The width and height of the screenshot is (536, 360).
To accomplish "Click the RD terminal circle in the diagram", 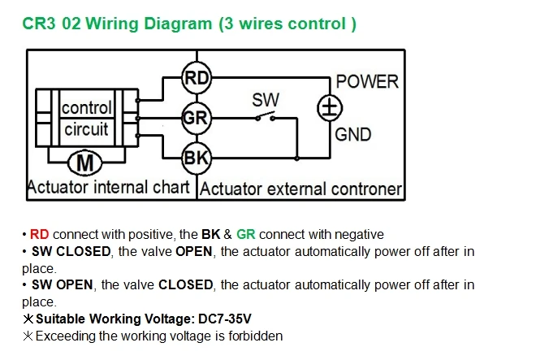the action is (197, 78).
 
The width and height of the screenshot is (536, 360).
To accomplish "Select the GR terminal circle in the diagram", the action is (197, 118).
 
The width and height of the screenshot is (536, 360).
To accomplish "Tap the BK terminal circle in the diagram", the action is (197, 158).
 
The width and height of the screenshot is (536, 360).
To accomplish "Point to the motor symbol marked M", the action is (84, 163).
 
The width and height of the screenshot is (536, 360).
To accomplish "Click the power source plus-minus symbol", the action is (330, 108).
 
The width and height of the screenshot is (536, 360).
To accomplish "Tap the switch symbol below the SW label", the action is (266, 117).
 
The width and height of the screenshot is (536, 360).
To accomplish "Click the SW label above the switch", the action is (266, 100).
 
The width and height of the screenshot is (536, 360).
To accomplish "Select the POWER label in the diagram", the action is (367, 82).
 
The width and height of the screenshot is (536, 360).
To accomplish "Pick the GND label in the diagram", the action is (352, 134).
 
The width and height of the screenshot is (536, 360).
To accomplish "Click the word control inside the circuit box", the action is (86, 108).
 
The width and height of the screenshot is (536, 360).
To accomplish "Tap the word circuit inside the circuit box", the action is (86, 129).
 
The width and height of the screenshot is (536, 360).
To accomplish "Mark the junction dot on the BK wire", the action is (296, 158).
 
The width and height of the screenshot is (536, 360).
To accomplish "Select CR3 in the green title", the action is (39, 24).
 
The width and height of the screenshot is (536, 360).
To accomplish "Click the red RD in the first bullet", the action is (39, 234).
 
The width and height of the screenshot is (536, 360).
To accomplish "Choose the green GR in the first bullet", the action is (246, 234).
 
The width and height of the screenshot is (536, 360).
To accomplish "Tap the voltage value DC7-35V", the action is (225, 319).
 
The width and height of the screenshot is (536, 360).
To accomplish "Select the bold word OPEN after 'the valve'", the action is (194, 252).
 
